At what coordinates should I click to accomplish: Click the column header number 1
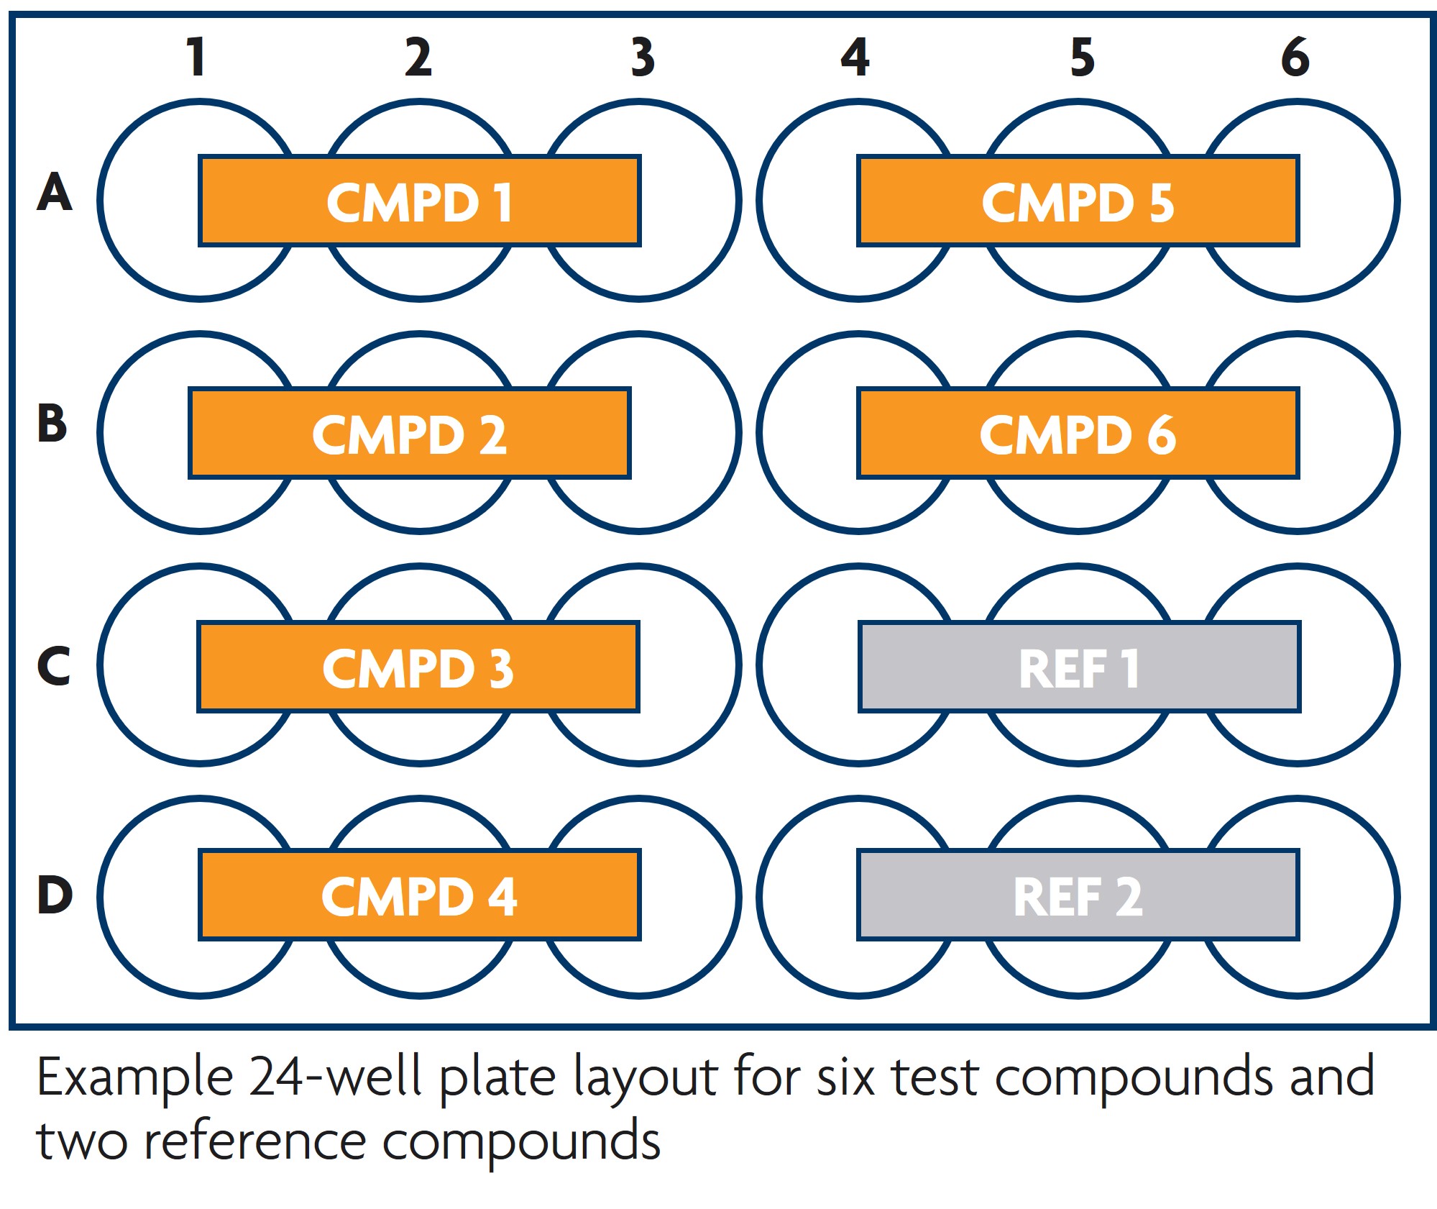pos(196,57)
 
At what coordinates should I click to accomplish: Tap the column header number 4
pos(855,57)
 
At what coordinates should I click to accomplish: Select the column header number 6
pos(1295,57)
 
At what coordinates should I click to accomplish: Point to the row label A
pos(55,193)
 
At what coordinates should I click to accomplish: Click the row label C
pos(54,665)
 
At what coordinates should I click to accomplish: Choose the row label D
pos(55,895)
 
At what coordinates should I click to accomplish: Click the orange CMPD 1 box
pos(419,201)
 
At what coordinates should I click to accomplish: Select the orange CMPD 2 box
pos(409,434)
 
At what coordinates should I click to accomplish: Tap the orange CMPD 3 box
pos(418,667)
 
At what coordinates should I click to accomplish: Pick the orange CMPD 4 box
pos(419,895)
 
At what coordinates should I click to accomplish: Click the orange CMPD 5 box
pos(1078,201)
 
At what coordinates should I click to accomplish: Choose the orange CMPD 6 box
pos(1078,434)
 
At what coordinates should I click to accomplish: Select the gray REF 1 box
pos(1079,667)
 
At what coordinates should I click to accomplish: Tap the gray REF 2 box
pos(1078,895)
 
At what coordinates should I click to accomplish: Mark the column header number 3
pos(643,57)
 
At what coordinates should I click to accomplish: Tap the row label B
pos(52,424)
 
